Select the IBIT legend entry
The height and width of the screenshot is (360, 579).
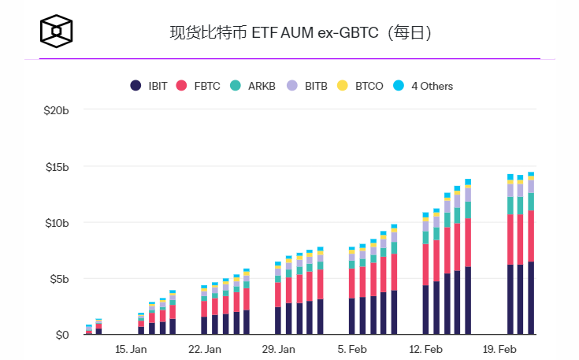tap(149, 86)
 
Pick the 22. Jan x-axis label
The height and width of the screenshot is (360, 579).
tap(205, 349)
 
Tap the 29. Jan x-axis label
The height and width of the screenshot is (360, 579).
tap(279, 349)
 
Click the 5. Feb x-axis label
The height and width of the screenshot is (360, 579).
tap(352, 349)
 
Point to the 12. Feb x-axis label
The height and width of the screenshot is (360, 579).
tap(426, 349)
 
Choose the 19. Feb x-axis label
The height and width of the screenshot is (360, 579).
tap(499, 349)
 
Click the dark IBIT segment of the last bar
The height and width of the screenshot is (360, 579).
tap(531, 299)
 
